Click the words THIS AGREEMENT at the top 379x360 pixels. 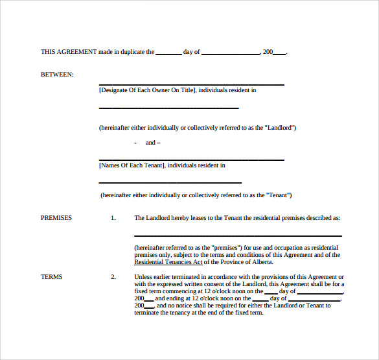[x=69, y=52]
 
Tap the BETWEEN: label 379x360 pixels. [x=57, y=75]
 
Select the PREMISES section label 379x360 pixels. [x=56, y=218]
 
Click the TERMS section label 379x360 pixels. [x=52, y=277]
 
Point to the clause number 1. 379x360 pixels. [x=113, y=218]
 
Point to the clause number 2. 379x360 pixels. [x=113, y=277]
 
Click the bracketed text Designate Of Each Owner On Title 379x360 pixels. [x=147, y=90]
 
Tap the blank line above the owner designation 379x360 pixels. [x=191, y=85]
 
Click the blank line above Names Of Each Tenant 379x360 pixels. [x=191, y=160]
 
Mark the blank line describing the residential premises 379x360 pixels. [x=238, y=235]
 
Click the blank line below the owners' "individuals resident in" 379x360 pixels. [x=168, y=108]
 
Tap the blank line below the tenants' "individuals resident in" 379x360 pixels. [x=170, y=183]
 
